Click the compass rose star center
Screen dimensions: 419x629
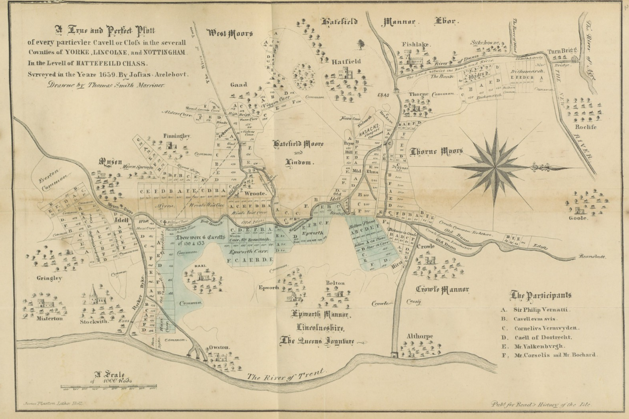pos(495,167)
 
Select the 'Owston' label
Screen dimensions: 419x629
pos(219,347)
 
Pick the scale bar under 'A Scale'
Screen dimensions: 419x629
pos(109,387)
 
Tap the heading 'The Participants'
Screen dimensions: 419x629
pos(541,295)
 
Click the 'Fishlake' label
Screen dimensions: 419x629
pos(416,44)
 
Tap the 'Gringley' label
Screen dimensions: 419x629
pos(49,278)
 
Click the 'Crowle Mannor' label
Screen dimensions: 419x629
pos(442,289)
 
